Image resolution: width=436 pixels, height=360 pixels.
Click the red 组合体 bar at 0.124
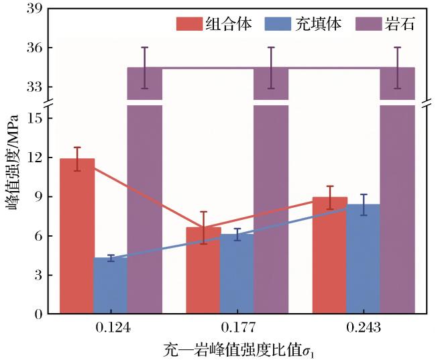point(77,236)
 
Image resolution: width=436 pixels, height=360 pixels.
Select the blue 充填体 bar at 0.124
point(111,286)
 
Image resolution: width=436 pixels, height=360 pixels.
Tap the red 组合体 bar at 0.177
point(203,270)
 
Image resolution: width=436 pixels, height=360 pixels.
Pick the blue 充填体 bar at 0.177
point(237,274)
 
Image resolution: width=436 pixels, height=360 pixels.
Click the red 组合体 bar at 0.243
point(330,255)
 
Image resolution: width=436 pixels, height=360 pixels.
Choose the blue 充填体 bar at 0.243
point(364,259)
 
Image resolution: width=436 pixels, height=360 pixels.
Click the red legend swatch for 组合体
point(189,24)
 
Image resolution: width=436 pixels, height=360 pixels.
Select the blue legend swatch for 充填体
point(278,24)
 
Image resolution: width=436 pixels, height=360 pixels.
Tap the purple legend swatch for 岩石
point(369,24)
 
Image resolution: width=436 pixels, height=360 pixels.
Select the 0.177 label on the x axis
point(238,328)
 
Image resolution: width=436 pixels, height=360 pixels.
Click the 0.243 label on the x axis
point(364,328)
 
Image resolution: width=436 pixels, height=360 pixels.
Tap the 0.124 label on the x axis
point(113,328)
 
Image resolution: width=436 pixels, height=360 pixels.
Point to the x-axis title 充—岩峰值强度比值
point(232,349)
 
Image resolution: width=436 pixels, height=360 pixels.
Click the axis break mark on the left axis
point(48,103)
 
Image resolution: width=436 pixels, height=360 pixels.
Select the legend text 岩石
point(400,24)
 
